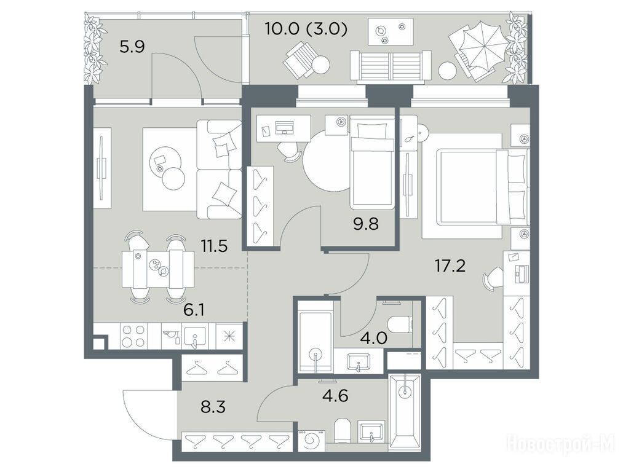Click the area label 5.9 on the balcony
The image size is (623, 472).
132,47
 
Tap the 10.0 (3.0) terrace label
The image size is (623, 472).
306,29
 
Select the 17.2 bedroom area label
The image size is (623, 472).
450,266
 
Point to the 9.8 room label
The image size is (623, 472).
366,224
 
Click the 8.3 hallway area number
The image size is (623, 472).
213,407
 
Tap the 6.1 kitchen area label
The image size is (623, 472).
194,309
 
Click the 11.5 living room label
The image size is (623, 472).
214,246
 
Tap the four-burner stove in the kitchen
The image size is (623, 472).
134,336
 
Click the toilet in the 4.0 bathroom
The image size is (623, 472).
399,324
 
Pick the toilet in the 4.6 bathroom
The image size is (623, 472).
343,430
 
